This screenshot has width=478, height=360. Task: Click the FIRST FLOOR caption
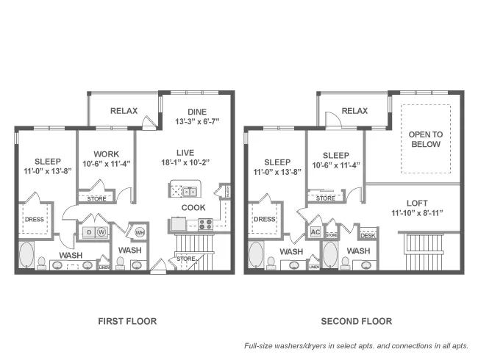(127, 321)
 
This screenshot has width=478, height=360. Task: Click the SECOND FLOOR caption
(356, 321)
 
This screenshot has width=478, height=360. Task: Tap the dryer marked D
(88, 232)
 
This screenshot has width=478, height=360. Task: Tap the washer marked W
(101, 232)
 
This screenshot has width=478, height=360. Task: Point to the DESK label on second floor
(367, 235)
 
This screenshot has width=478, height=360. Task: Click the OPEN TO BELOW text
(425, 139)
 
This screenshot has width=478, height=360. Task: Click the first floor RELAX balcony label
(124, 111)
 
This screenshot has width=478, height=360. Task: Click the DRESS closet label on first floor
(35, 218)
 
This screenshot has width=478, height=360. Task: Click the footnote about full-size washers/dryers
(356, 346)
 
